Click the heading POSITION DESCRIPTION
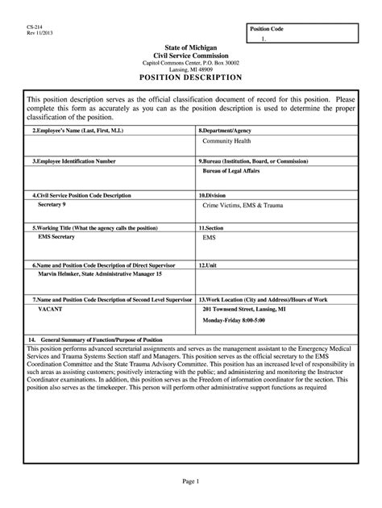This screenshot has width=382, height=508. [190, 77]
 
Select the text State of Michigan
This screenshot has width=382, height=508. [191, 48]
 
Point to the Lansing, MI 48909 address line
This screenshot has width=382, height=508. [191, 69]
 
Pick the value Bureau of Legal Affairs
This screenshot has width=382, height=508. [238, 172]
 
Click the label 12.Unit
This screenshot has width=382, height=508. [208, 264]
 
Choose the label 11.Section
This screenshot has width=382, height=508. [213, 228]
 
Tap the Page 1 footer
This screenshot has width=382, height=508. [190, 482]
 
